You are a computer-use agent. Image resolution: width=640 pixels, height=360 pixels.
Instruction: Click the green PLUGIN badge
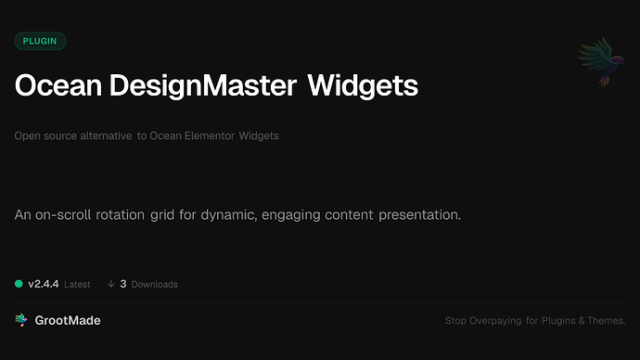point(40,41)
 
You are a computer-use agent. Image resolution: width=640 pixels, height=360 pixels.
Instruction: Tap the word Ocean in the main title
point(58,86)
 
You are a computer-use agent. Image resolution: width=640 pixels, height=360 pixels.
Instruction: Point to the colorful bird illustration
point(595,64)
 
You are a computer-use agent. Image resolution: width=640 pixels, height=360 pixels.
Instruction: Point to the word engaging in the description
point(293,215)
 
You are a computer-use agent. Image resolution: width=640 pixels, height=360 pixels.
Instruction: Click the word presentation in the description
point(417,215)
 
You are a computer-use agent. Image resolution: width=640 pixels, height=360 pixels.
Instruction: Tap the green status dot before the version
point(19,283)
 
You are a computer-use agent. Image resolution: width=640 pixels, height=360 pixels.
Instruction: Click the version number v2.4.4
point(43,283)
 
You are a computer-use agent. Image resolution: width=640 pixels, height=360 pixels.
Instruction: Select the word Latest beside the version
point(77,284)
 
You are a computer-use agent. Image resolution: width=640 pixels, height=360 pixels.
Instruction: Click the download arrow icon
point(110,283)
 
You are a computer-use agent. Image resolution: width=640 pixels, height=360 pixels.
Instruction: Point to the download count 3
point(123,283)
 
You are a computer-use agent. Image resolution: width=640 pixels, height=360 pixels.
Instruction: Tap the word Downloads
point(154,284)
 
